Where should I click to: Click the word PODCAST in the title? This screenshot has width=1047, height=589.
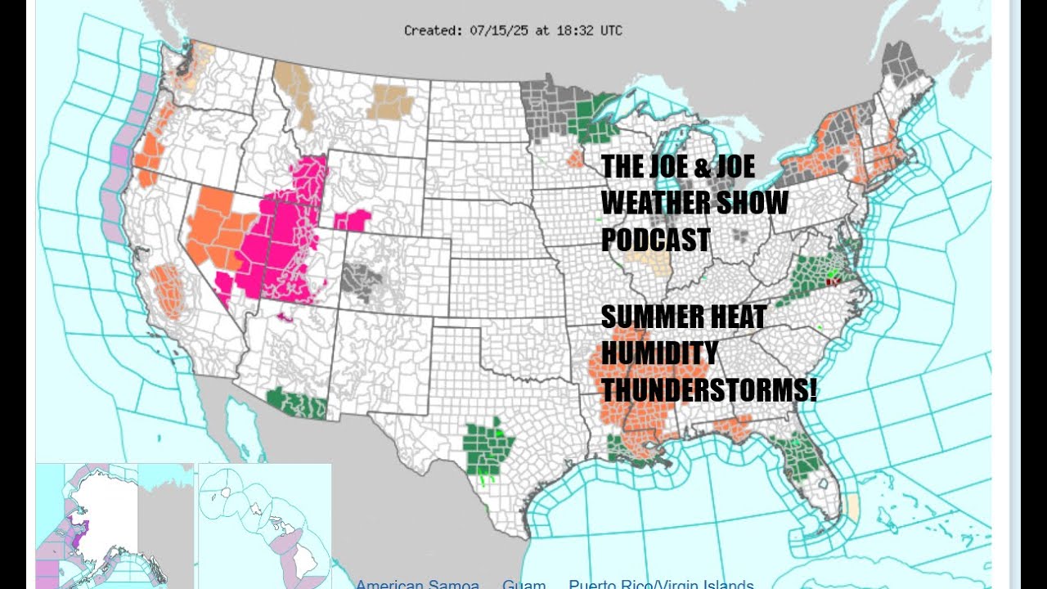[655, 240]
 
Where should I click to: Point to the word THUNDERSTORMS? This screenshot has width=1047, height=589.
[708, 391]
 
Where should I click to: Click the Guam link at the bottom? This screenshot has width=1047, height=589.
[523, 584]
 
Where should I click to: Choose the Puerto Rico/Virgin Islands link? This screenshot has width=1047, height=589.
[661, 584]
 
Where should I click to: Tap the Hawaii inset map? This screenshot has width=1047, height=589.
[263, 524]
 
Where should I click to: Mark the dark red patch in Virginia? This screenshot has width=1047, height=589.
[834, 281]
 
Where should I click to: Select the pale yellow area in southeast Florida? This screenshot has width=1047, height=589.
[853, 508]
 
